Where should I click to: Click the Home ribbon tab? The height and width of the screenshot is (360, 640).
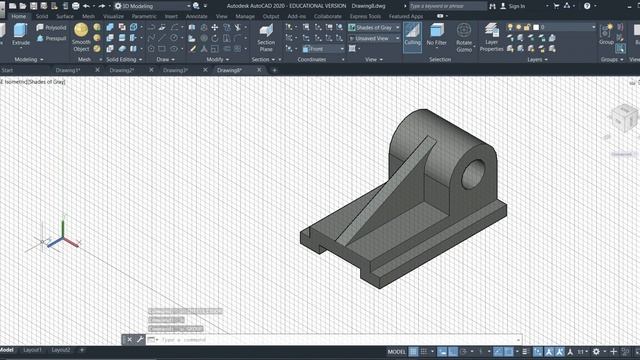coord(18,16)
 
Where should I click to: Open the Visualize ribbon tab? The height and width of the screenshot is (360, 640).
coord(113,16)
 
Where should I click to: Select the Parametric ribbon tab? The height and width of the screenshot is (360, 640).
coord(143,16)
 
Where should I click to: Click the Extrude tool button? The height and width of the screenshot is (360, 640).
coord(21,38)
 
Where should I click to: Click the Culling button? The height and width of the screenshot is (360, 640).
coord(412,38)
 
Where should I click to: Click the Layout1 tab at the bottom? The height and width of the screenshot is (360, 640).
coord(33,351)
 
